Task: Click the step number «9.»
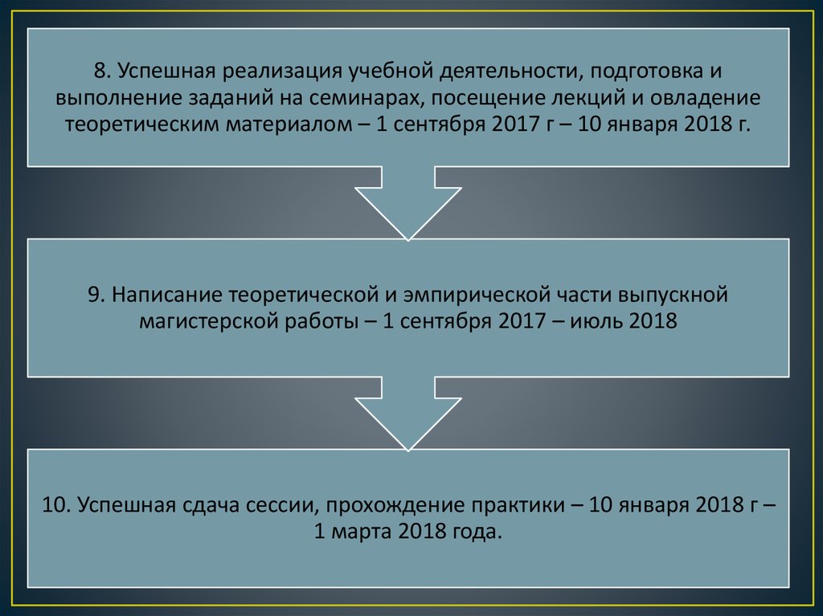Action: coord(97,294)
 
